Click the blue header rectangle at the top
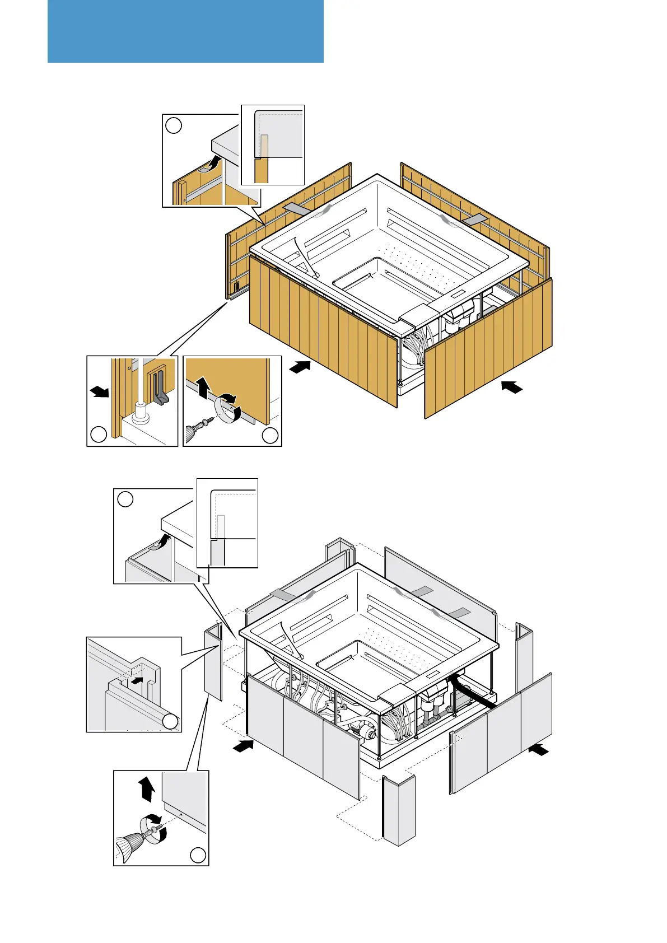185,31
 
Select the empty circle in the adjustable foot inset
99,435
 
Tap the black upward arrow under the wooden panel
202,387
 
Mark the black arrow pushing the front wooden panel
301,367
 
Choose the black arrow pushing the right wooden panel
512,386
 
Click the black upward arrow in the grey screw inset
147,790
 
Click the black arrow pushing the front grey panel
243,746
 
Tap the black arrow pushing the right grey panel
539,749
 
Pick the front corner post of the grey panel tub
398,809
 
